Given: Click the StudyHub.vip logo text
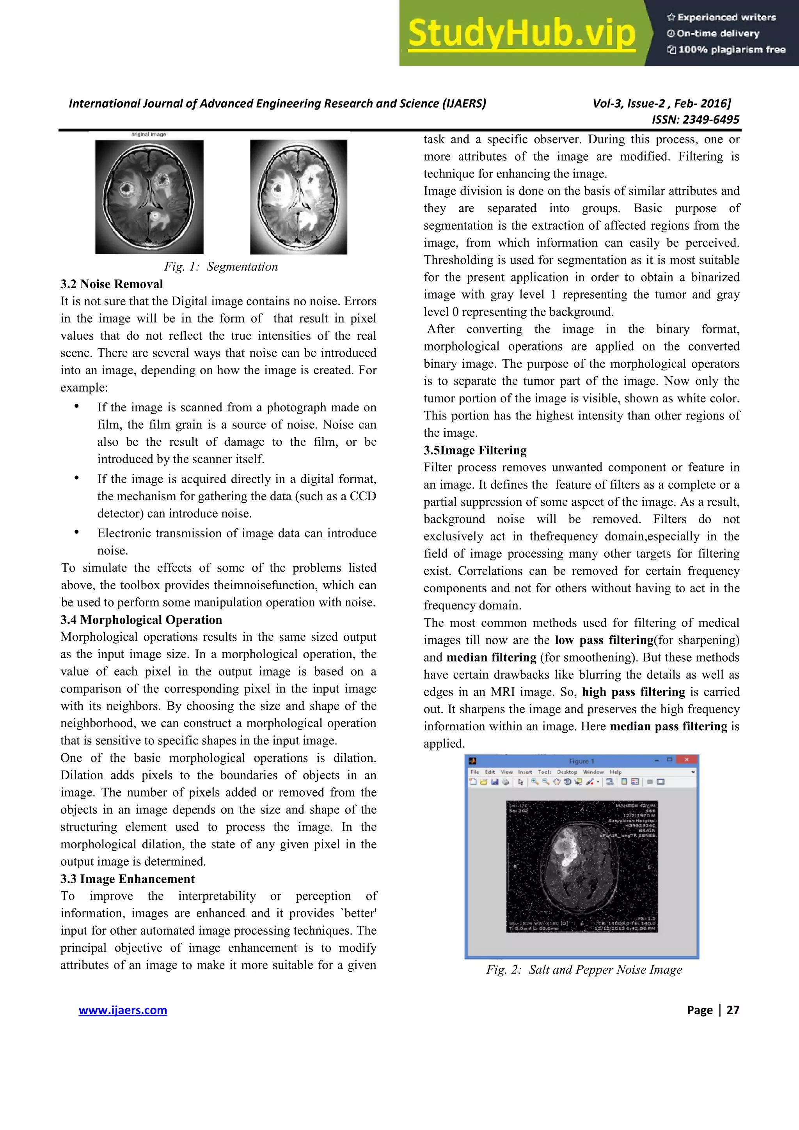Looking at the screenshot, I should (x=521, y=34).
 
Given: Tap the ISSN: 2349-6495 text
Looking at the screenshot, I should (x=695, y=120).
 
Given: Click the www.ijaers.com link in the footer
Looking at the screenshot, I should (x=123, y=1010).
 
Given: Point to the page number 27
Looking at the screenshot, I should (x=733, y=1010).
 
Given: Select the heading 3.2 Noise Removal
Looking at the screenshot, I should (x=112, y=284).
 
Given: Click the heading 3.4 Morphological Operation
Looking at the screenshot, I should (x=141, y=620).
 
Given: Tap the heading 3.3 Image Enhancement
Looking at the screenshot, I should (x=128, y=879).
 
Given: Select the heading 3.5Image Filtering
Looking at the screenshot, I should (x=475, y=450).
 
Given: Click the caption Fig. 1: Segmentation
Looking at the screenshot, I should (x=221, y=267).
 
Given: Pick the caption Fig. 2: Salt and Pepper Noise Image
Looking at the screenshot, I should (x=584, y=970).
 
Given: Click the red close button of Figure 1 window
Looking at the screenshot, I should (x=686, y=760).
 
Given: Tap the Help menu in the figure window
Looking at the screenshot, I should (x=615, y=772).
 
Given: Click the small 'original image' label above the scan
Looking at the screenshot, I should (x=149, y=135).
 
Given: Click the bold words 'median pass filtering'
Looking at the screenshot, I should (x=669, y=726).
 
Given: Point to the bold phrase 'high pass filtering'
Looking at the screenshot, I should (x=633, y=692).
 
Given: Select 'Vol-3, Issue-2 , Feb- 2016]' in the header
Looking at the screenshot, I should (x=662, y=103).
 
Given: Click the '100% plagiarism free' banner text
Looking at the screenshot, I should (x=732, y=50).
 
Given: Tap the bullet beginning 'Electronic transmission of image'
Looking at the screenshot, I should (x=236, y=533).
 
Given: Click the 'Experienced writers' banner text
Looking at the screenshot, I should (x=726, y=18).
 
